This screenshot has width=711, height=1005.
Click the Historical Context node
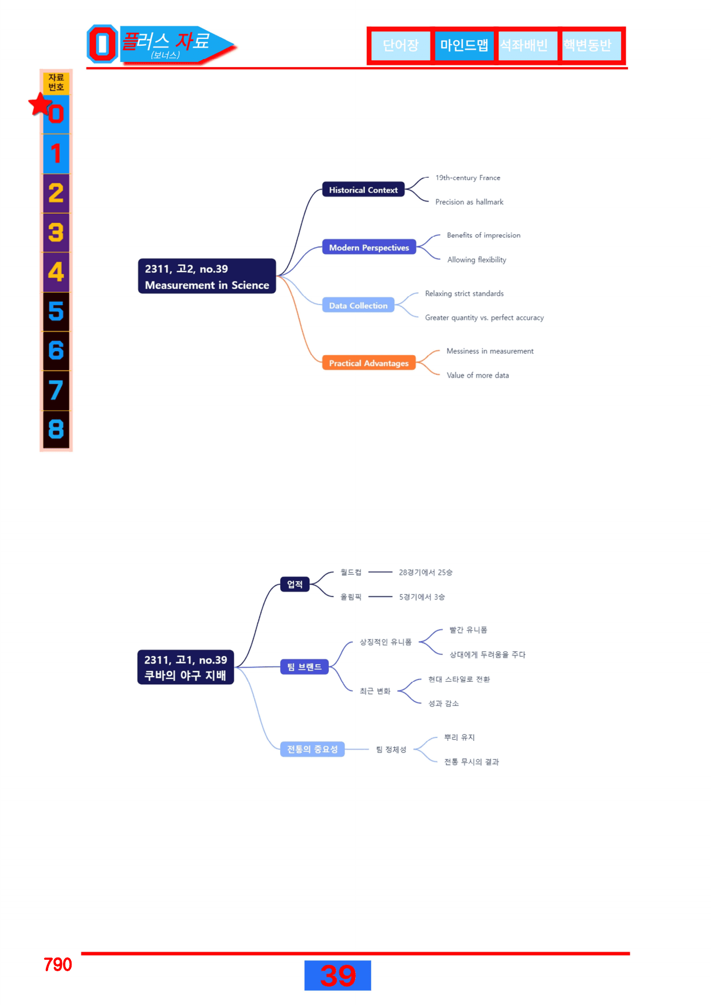click(x=363, y=190)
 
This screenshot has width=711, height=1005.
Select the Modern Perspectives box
click(x=369, y=248)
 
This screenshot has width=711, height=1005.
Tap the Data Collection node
click(x=358, y=305)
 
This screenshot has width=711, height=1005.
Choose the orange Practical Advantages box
click(x=369, y=363)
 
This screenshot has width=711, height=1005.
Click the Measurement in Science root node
click(x=207, y=276)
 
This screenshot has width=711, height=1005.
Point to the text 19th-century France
click(x=468, y=178)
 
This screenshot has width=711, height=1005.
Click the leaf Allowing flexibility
click(x=477, y=260)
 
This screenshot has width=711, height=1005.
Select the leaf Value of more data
click(x=478, y=375)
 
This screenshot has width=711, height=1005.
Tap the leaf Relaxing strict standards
click(x=464, y=293)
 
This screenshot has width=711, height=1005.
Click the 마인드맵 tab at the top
click(x=464, y=45)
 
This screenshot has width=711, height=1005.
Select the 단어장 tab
click(x=400, y=45)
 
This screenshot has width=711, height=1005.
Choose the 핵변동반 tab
click(x=587, y=45)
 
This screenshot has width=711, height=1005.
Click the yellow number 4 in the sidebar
click(x=56, y=272)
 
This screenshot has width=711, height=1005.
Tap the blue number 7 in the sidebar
click(x=56, y=390)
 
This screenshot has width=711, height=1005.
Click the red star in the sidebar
click(x=40, y=104)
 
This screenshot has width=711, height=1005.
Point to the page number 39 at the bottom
click(x=337, y=975)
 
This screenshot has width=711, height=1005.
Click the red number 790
click(x=58, y=964)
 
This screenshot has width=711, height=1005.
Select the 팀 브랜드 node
click(x=304, y=667)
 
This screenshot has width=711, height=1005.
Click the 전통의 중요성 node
click(x=312, y=749)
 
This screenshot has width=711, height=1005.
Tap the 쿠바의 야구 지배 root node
click(x=186, y=668)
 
